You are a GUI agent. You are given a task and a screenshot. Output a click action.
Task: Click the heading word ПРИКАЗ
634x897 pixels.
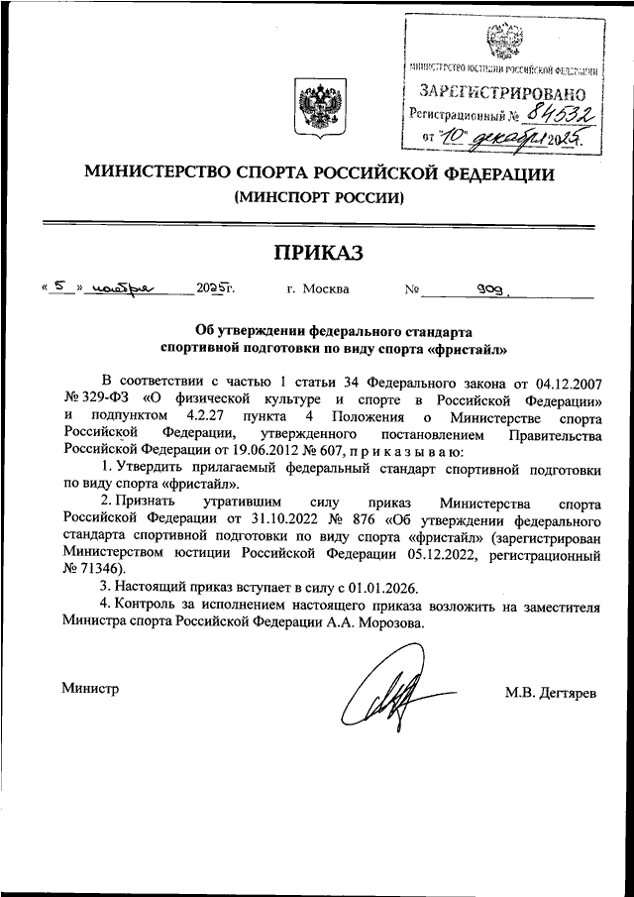[318, 253]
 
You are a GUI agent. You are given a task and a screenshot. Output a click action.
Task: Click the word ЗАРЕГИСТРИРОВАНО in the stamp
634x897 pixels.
[502, 93]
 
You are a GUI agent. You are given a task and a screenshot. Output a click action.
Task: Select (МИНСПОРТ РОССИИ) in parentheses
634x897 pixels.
[319, 197]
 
